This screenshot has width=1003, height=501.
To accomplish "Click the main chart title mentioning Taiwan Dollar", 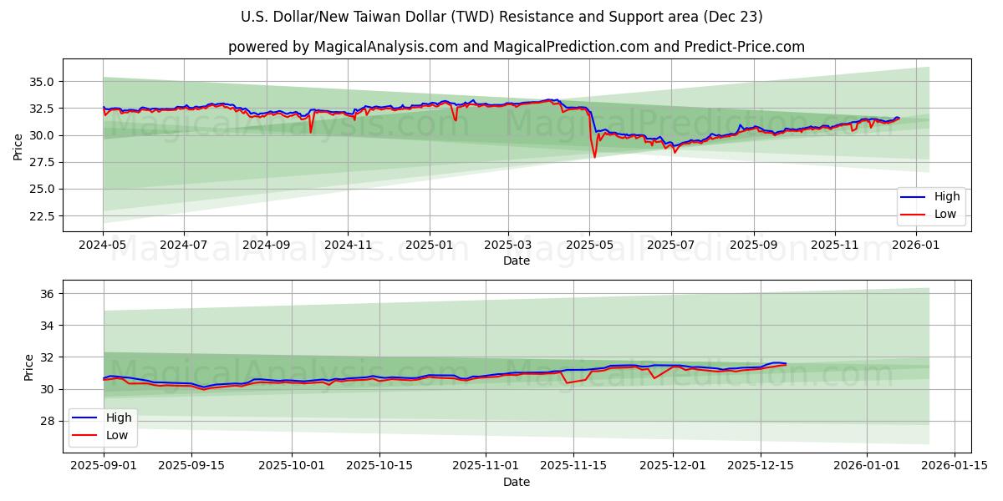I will coord(501,17).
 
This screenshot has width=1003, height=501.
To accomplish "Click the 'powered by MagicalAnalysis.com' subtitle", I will coord(516,47).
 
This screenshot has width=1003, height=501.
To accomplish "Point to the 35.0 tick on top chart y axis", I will coord(41,82).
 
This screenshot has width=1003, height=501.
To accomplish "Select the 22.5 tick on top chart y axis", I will coord(41,216).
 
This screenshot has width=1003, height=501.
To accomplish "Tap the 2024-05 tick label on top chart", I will coord(103,245).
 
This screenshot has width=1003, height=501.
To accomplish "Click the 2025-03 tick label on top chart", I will coord(508,245).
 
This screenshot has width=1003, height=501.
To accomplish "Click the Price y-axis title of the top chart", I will coord(18,146).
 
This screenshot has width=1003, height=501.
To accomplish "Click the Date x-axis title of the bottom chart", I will coord(516,482).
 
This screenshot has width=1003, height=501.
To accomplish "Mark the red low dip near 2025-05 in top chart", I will coord(594,157).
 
